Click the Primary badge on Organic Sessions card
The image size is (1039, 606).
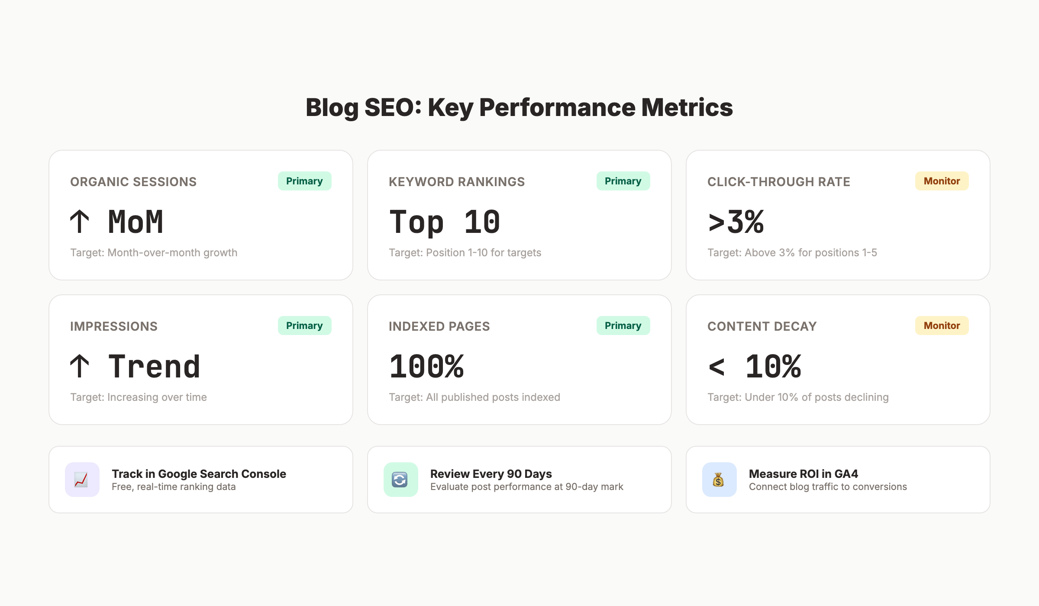click(304, 181)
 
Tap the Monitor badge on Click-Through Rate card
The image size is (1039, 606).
click(942, 181)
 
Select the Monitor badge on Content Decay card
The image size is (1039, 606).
click(942, 326)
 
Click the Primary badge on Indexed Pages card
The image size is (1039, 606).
click(623, 326)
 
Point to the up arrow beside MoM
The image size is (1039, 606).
click(80, 222)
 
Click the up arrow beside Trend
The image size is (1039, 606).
click(80, 366)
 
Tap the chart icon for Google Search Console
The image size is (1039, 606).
click(82, 480)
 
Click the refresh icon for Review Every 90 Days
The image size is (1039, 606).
click(400, 480)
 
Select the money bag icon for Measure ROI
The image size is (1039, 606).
click(719, 480)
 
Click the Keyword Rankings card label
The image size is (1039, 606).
click(457, 182)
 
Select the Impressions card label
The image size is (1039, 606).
click(114, 326)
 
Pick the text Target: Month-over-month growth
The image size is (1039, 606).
click(154, 253)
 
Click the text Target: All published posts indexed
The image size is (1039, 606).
click(474, 397)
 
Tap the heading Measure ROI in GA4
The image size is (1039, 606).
click(803, 474)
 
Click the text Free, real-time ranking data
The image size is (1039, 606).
click(174, 487)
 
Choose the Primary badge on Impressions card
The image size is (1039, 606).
click(304, 326)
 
